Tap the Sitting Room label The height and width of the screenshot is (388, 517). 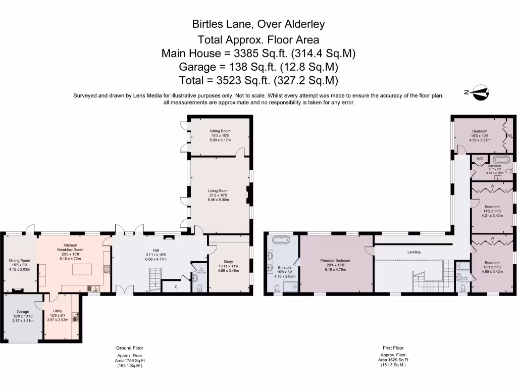point(220,131)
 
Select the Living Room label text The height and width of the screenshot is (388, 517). point(219,191)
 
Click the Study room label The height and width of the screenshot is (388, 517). point(228,262)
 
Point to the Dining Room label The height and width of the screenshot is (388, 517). point(20,261)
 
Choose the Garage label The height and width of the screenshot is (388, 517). point(23,312)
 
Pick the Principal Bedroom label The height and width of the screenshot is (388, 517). point(335,261)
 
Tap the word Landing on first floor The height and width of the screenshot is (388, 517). point(414,252)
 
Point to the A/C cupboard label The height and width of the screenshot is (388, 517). point(480,159)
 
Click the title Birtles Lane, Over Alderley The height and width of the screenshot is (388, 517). point(258,24)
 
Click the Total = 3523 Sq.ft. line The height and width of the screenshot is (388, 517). point(258,80)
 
